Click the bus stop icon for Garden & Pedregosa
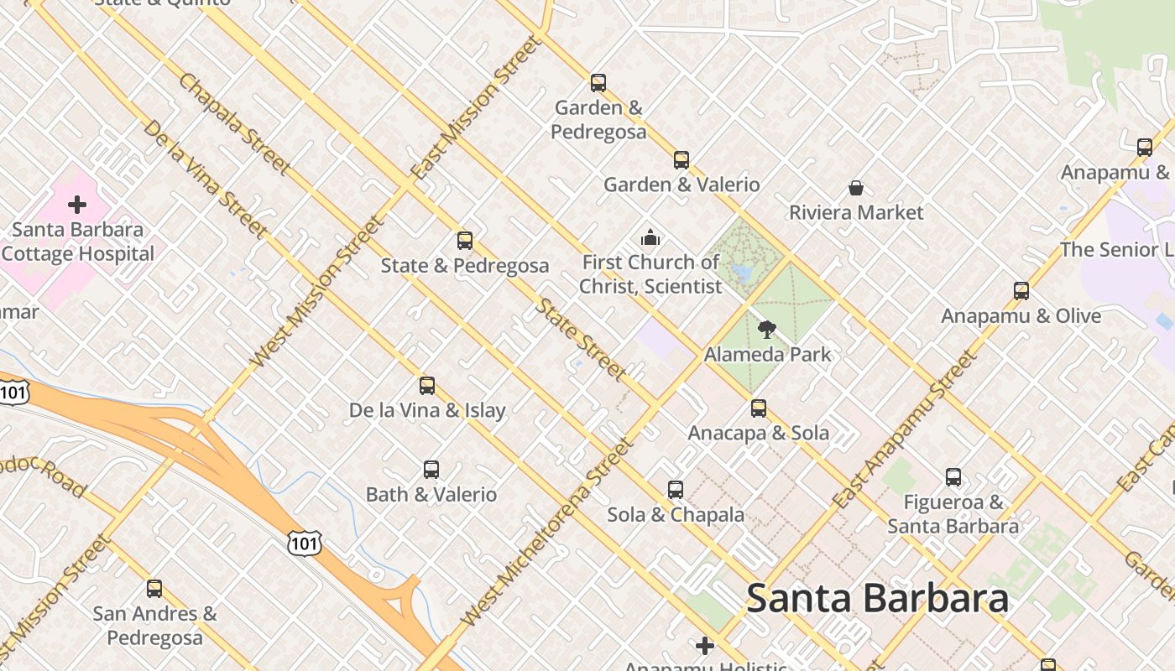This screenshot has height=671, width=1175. click(x=598, y=83)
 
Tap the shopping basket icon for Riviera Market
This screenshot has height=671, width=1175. click(x=856, y=188)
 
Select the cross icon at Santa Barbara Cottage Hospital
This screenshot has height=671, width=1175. click(x=77, y=204)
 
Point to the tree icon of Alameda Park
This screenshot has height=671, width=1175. click(x=766, y=330)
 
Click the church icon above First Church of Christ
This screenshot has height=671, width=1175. click(x=650, y=238)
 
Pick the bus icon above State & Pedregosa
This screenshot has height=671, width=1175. click(x=465, y=241)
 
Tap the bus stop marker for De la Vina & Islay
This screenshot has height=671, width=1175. click(x=427, y=386)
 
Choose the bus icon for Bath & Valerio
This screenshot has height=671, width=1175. click(x=431, y=470)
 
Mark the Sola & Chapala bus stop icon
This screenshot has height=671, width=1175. click(x=676, y=490)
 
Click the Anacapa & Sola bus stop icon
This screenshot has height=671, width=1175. click(x=759, y=408)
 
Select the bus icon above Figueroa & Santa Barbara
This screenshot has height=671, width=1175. click(x=953, y=477)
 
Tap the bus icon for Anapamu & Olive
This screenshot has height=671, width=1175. click(x=1021, y=291)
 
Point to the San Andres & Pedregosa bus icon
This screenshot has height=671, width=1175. click(x=154, y=589)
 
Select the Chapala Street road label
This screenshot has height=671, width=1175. click(x=234, y=125)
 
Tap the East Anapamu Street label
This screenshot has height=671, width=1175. click(x=906, y=429)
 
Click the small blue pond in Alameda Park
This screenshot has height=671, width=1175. click(x=741, y=272)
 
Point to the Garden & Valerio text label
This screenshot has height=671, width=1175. click(x=681, y=185)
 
